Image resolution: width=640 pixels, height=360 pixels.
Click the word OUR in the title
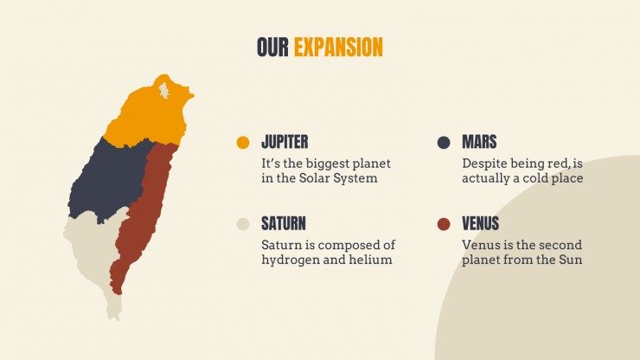point(272,47)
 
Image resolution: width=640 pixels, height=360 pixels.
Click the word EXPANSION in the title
point(338,47)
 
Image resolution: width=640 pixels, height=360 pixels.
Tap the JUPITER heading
point(285,142)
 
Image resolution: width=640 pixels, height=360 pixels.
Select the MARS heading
point(479,142)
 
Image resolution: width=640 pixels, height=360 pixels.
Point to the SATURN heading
point(284,223)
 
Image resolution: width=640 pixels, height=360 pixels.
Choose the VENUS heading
point(480,223)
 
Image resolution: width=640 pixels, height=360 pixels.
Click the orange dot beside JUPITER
point(243,143)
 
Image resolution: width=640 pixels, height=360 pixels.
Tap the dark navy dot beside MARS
point(444,143)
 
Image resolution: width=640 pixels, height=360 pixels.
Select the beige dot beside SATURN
point(243,224)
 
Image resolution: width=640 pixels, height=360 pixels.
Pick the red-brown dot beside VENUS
point(444,224)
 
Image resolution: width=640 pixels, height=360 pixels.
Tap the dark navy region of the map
point(108,180)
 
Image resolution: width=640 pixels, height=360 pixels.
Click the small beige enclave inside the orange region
point(164,90)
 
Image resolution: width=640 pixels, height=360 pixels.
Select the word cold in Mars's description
point(535,178)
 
